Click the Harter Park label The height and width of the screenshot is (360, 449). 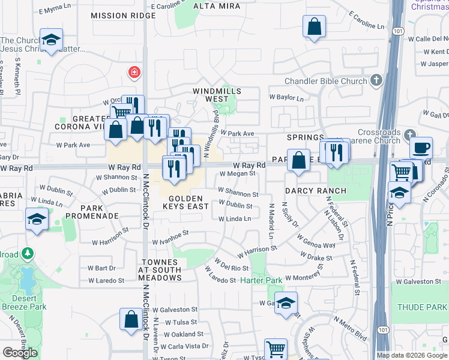pyautogui.click(x=261, y=280)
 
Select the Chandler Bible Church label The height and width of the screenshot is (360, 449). pyautogui.click(x=328, y=81)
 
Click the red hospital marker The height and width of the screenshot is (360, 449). pyautogui.click(x=134, y=73)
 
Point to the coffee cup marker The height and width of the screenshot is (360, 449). pyautogui.click(x=421, y=147)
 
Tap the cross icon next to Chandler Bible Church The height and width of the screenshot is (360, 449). pyautogui.click(x=376, y=80)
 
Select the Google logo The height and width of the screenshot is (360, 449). pyautogui.click(x=20, y=353)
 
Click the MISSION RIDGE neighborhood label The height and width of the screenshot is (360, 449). pyautogui.click(x=123, y=16)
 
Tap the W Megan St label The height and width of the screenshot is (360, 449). pyautogui.click(x=238, y=173)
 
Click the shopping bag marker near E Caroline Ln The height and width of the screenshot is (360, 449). pyautogui.click(x=315, y=27)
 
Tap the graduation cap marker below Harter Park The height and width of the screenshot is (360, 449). pyautogui.click(x=286, y=302)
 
